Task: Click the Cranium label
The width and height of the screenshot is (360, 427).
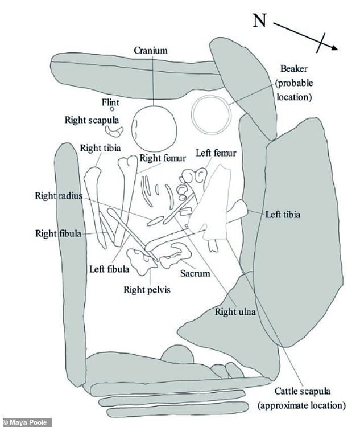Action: pyautogui.click(x=151, y=50)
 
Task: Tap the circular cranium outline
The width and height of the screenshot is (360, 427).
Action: pyautogui.click(x=153, y=128)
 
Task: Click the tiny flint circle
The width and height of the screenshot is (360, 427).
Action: pyautogui.click(x=113, y=108)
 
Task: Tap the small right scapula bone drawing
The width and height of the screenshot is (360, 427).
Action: pyautogui.click(x=115, y=131)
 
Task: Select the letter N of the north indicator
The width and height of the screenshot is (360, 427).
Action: pyautogui.click(x=259, y=21)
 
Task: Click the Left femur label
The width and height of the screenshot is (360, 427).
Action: pyautogui.click(x=216, y=153)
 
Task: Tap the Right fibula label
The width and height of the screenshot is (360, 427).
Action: pyautogui.click(x=57, y=233)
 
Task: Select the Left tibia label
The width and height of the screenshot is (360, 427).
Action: pyautogui.click(x=283, y=215)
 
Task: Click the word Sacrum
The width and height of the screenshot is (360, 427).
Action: pyautogui.click(x=195, y=273)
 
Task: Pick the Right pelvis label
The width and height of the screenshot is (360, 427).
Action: pyautogui.click(x=147, y=289)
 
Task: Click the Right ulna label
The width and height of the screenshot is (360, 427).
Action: pyautogui.click(x=234, y=312)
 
